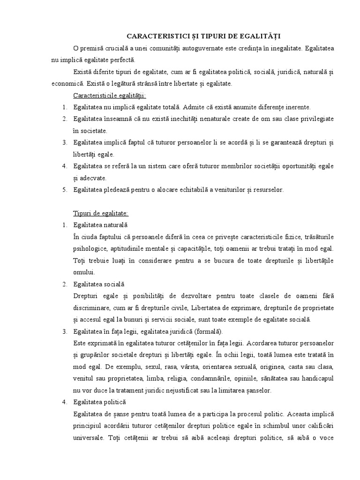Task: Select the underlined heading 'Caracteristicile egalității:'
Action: coord(103,96)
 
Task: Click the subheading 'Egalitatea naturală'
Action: coord(100,225)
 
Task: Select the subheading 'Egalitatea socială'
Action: coord(98,284)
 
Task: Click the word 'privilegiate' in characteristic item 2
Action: coord(317,119)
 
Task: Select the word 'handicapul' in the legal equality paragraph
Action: coord(317,379)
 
